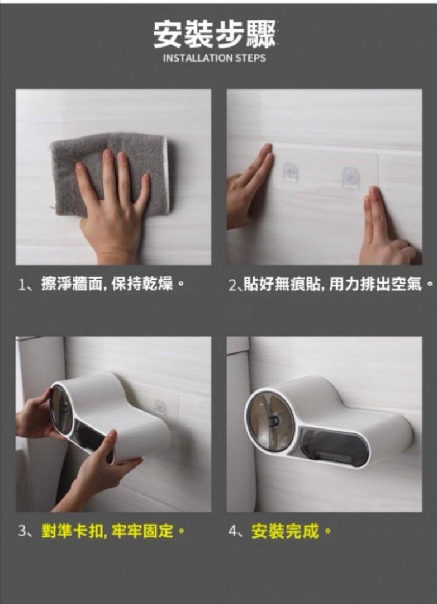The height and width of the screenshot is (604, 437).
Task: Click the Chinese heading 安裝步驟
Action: [x=215, y=35]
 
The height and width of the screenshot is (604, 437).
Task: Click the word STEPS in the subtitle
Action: [x=250, y=58]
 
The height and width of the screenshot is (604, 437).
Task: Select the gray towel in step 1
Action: [x=110, y=173]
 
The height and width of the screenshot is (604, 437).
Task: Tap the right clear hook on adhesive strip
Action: [x=351, y=177]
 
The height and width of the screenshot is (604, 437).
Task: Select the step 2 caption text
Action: [x=331, y=285]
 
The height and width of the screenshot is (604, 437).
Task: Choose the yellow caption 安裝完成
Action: [x=291, y=532]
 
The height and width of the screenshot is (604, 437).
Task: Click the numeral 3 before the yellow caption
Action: [x=22, y=532]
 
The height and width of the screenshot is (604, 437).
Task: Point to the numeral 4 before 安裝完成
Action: [x=232, y=532]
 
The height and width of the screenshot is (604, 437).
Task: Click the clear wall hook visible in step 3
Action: [x=160, y=408]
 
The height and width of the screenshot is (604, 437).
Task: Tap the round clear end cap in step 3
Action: [x=61, y=408]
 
